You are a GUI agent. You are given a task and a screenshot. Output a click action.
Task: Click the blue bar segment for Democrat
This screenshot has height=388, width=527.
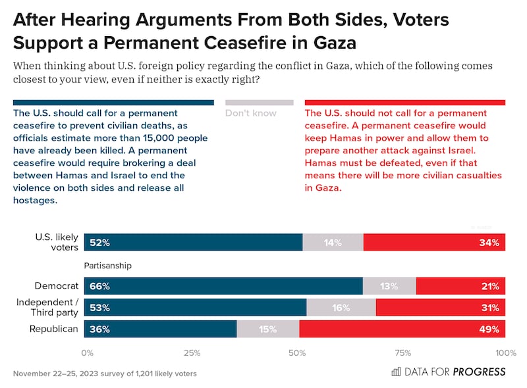coord(224,286)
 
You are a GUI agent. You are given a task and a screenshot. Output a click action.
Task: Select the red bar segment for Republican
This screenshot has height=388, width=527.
coord(402,329)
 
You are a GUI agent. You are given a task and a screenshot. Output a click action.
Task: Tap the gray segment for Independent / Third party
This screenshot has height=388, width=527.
coord(341,307)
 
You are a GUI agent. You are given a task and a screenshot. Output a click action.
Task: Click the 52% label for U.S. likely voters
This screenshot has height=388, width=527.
coord(101,243)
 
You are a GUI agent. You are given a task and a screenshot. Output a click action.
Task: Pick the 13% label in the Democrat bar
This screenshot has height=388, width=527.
coord(388,286)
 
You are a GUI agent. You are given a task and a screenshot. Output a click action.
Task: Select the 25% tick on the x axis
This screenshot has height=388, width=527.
coord(192,353)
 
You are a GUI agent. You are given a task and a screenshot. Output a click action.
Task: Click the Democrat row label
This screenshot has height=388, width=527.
coord(57,286)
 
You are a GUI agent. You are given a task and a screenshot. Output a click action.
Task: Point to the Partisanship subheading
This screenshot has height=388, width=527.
coord(108,266)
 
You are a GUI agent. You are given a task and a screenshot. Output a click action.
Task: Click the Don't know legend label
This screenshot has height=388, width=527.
coord(251,113)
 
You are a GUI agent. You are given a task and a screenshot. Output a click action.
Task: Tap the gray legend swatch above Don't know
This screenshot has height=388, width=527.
coord(259,103)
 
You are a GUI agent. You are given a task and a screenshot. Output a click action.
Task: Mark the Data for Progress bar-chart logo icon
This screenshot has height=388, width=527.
coord(396,372)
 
